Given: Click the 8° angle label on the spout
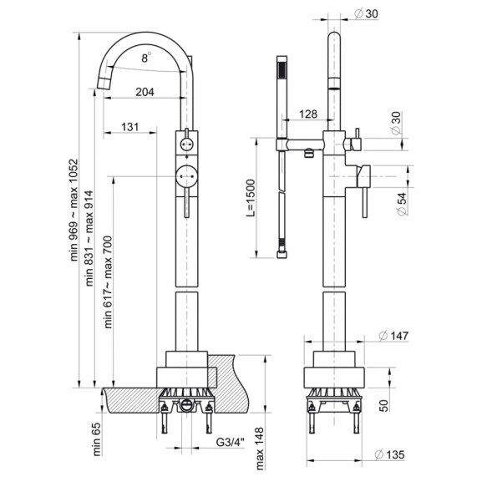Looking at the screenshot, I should (145, 58).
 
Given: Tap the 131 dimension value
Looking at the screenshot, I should (129, 127).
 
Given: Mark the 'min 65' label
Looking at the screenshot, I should (97, 439).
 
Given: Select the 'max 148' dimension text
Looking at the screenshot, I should (260, 449).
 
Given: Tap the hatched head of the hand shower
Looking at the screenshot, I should (281, 69).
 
